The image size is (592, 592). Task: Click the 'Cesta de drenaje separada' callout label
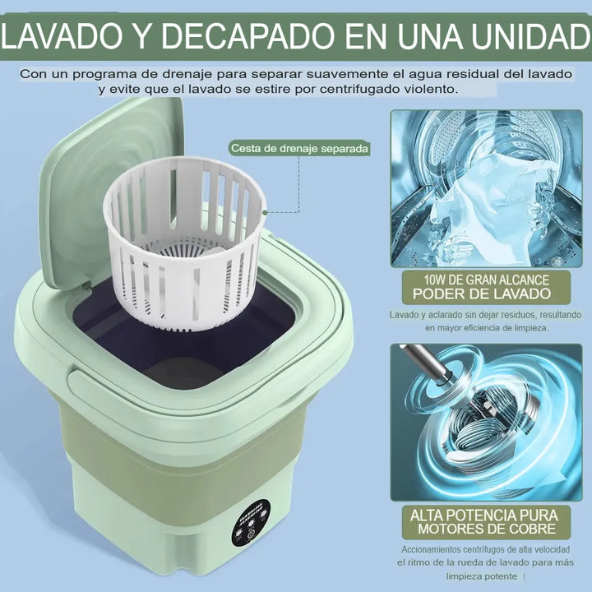(298, 149)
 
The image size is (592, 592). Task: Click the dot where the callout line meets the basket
(265, 211)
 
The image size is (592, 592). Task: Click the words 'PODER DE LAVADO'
(485, 294)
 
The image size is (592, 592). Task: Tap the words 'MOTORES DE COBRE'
(486, 528)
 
